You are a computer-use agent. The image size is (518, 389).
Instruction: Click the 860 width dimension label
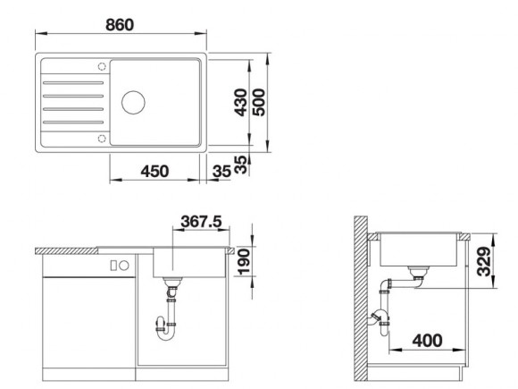coord(120,25)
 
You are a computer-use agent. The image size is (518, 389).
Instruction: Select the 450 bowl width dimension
coord(155,172)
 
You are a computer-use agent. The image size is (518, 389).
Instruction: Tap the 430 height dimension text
coord(241,103)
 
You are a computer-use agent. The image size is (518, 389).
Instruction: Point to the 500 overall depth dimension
coord(259,102)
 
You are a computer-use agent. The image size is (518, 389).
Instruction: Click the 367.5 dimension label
coord(201,221)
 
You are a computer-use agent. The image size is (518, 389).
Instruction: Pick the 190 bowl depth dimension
coord(244,262)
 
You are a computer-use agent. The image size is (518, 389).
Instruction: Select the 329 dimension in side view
coord(484,261)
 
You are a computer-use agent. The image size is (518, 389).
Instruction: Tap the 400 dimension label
coord(427,341)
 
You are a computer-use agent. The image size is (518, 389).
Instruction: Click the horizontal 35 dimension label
coord(221,172)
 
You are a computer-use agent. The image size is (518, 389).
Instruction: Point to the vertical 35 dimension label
coord(241,165)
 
